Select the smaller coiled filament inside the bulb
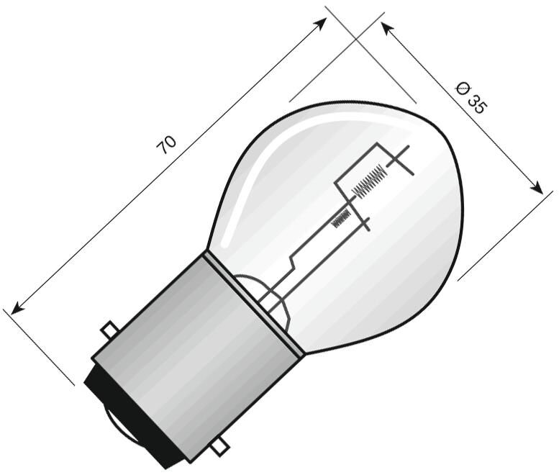(341, 217)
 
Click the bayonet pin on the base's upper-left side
(109, 330)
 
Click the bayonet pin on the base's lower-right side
(219, 448)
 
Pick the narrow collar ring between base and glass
(253, 302)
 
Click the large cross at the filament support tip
(400, 160)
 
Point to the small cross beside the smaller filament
(364, 223)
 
